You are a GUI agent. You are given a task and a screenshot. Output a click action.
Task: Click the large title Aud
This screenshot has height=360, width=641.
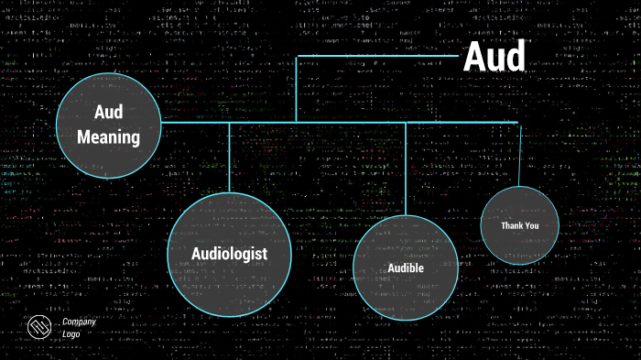point(494,57)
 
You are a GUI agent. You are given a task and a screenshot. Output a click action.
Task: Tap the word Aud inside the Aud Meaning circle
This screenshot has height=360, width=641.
point(108,112)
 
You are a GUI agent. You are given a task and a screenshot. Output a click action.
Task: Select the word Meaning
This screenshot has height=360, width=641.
point(108,138)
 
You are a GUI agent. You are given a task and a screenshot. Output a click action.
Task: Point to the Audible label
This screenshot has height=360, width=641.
point(405,268)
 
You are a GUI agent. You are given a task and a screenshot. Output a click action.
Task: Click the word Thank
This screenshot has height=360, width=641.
point(511,225)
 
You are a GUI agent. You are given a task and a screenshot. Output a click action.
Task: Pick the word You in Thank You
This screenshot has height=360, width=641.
point(532,225)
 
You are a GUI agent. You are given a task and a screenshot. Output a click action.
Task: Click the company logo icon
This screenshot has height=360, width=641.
point(39,328)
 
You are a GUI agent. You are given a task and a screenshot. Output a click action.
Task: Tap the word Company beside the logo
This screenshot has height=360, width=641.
point(79,322)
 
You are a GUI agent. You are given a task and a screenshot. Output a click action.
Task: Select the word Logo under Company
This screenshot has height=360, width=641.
point(72,334)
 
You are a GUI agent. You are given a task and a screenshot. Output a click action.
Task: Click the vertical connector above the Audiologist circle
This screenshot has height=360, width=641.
point(229,156)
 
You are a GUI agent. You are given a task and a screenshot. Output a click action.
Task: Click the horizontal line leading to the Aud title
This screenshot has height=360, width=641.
point(375,56)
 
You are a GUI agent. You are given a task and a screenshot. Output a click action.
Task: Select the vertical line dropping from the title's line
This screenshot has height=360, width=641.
point(296,88)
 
